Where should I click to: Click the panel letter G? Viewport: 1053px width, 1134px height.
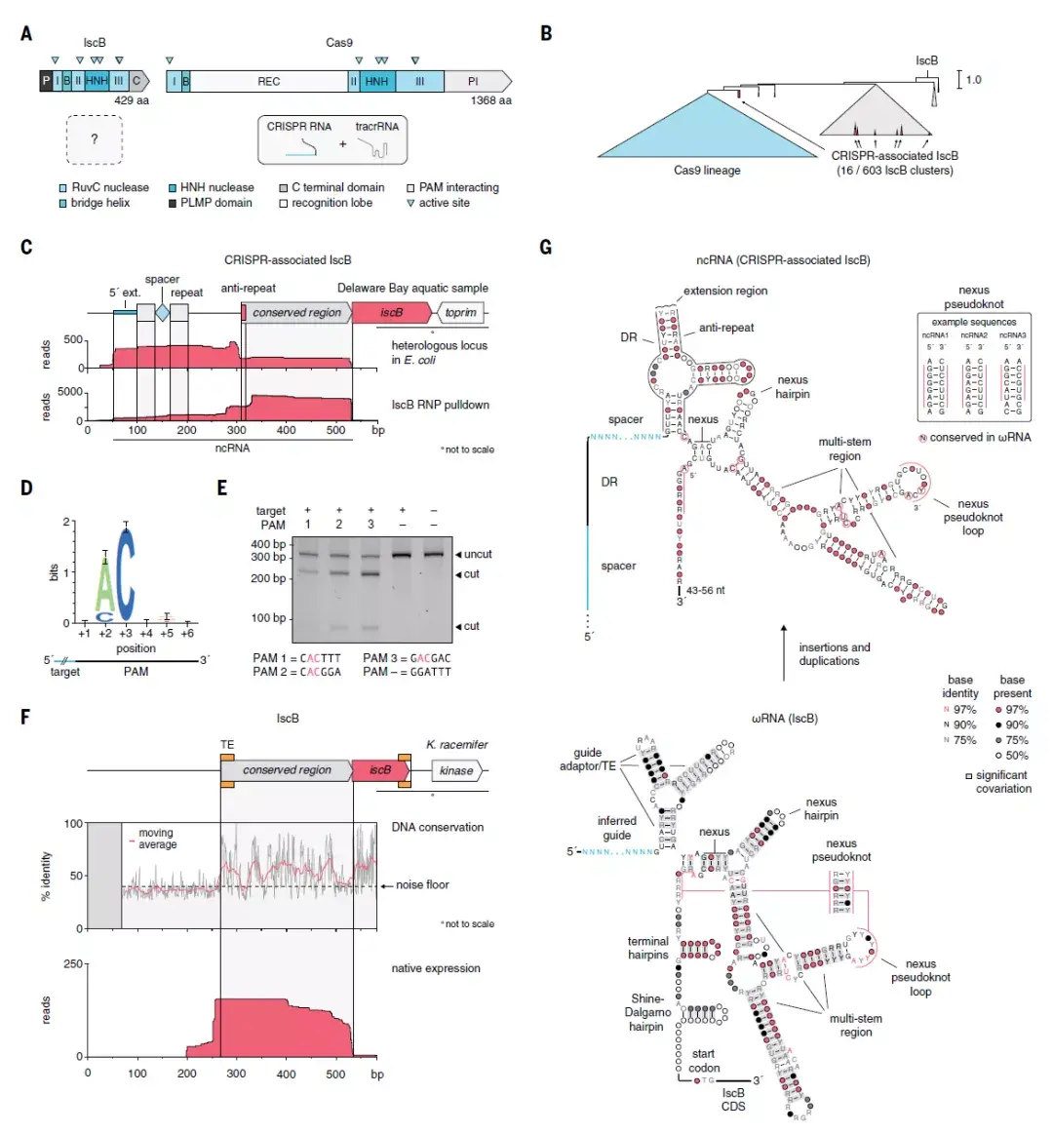coord(545,247)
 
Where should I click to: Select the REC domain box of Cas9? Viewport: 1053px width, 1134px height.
coord(269,82)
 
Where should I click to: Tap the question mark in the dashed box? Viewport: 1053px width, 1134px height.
coord(94,139)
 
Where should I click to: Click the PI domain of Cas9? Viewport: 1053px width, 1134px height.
coord(474,82)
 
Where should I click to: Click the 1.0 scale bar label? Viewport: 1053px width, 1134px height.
coord(973,80)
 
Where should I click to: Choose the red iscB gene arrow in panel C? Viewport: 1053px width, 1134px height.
coord(391,312)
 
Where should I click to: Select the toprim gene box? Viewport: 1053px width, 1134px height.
coord(460,312)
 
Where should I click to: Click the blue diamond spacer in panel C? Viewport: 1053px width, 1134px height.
coord(162,312)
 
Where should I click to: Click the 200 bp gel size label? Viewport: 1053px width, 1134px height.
coord(268,578)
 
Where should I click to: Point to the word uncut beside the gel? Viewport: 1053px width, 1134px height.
coord(478,554)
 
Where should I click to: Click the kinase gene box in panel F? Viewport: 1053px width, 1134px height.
coord(455,770)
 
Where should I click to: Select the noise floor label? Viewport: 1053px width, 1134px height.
coord(422,885)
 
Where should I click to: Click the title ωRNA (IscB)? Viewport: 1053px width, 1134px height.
coord(784,719)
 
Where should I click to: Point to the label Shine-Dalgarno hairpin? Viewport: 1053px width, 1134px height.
coord(647,1012)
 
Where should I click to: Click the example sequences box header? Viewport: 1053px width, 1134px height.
coord(973,322)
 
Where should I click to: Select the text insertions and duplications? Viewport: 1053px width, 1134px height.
coord(834,654)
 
